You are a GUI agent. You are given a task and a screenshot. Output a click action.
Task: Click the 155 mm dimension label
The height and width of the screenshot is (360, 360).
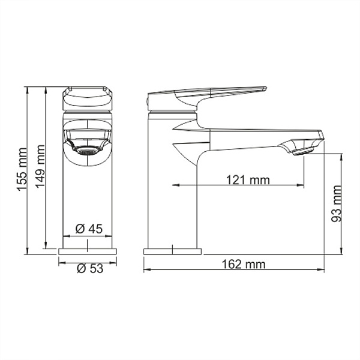(x=22, y=170)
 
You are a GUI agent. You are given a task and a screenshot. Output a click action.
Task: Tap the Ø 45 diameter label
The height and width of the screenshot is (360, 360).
(x=89, y=228)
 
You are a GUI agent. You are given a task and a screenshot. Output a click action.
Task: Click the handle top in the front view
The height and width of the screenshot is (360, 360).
(x=88, y=93)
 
